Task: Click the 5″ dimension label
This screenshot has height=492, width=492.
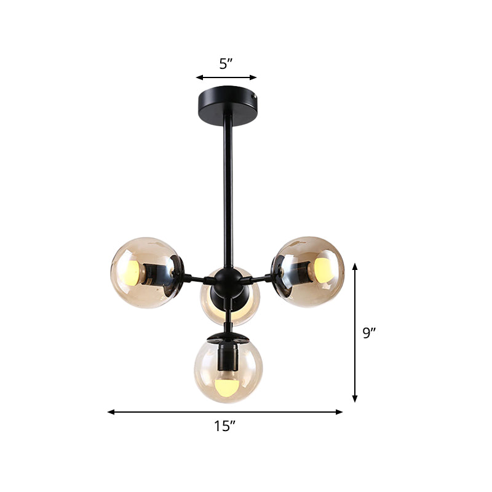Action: coord(226,63)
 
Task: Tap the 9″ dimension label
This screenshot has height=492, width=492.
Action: coord(369,333)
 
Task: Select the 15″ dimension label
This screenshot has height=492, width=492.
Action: coord(226,426)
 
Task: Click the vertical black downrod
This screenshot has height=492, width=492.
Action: coord(229,184)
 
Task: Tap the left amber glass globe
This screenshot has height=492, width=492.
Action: coord(145,272)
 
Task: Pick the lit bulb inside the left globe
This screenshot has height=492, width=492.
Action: coord(132,271)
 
